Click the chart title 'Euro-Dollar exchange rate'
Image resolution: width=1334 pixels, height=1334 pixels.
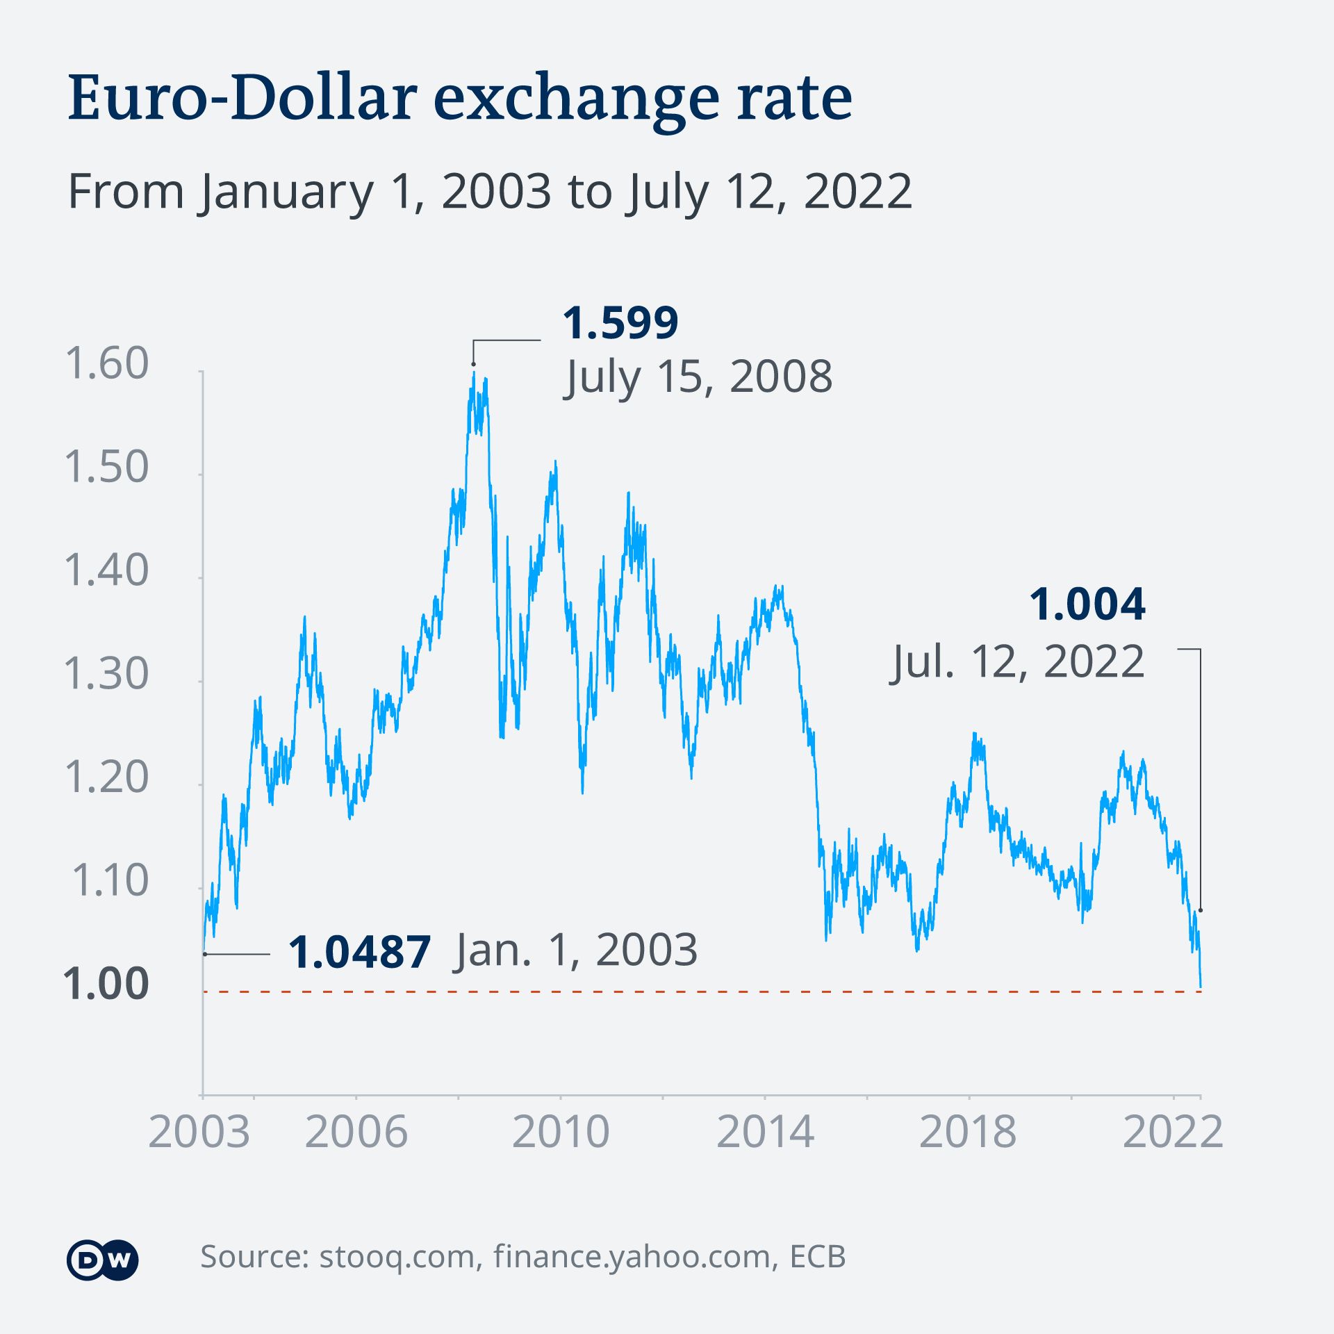(x=459, y=99)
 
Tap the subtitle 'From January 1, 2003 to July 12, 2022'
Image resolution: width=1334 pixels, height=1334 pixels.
(x=489, y=191)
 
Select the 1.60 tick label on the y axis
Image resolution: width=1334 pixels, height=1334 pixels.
(x=106, y=363)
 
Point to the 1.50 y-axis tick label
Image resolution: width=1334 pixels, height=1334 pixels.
(x=106, y=466)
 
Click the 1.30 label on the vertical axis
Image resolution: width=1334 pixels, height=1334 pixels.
(x=106, y=673)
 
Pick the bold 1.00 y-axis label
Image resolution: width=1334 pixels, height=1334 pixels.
(x=106, y=984)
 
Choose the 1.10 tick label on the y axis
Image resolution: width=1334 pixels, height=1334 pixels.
(x=109, y=880)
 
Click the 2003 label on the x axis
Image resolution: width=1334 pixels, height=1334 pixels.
(x=199, y=1132)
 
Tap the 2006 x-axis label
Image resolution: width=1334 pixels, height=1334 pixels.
(x=356, y=1132)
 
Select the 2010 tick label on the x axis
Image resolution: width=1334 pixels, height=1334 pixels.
(x=561, y=1132)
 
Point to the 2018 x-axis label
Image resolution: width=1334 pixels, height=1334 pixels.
(x=968, y=1132)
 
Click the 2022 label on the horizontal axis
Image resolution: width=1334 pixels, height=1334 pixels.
(x=1172, y=1132)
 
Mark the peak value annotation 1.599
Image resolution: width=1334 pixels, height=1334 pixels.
(x=620, y=323)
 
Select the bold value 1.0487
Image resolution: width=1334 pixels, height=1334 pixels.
(x=359, y=952)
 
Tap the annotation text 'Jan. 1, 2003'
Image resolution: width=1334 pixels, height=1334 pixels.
(x=575, y=950)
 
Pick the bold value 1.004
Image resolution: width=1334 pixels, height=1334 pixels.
(x=1087, y=604)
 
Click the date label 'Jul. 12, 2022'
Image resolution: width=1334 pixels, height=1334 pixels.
(x=1017, y=661)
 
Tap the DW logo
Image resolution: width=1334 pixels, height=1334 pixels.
(x=103, y=1259)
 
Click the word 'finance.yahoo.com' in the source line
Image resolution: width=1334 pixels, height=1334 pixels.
(x=632, y=1256)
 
